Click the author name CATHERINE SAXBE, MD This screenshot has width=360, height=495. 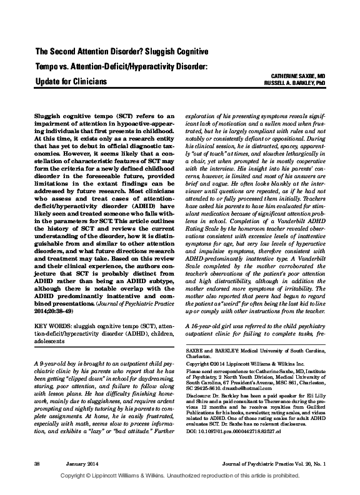point(307,74)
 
